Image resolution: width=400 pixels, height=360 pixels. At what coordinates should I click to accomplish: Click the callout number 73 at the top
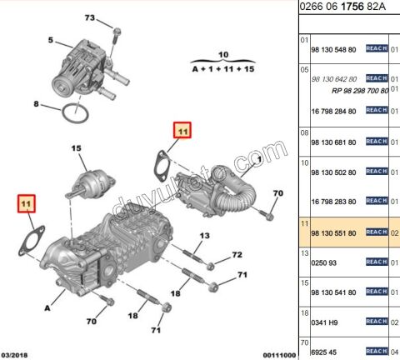pyautogui.click(x=91, y=18)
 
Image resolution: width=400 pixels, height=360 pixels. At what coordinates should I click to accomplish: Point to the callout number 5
pyautogui.click(x=51, y=39)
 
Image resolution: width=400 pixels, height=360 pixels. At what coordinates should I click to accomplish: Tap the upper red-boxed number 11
pyautogui.click(x=182, y=130)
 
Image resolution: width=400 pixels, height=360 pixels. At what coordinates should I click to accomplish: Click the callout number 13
pyautogui.click(x=202, y=237)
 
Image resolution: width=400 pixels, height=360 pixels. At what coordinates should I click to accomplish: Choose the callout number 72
pyautogui.click(x=237, y=254)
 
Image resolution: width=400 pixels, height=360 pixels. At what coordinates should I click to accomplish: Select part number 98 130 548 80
pyautogui.click(x=332, y=48)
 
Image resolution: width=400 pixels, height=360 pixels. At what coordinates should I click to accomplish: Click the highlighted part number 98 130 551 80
pyautogui.click(x=332, y=232)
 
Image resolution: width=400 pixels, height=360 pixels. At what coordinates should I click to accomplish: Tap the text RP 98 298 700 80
pyautogui.click(x=359, y=88)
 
